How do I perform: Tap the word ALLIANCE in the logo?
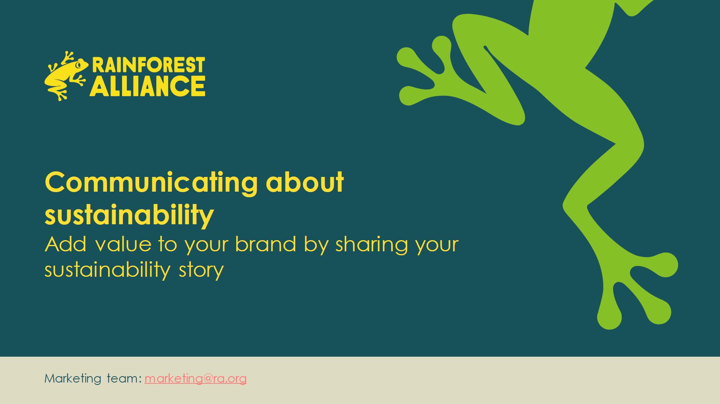[147, 85]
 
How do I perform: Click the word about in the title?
[305, 183]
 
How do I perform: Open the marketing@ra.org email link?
[196, 379]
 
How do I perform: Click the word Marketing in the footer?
[73, 379]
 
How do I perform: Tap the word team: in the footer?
[124, 378]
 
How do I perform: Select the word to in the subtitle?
[167, 244]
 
